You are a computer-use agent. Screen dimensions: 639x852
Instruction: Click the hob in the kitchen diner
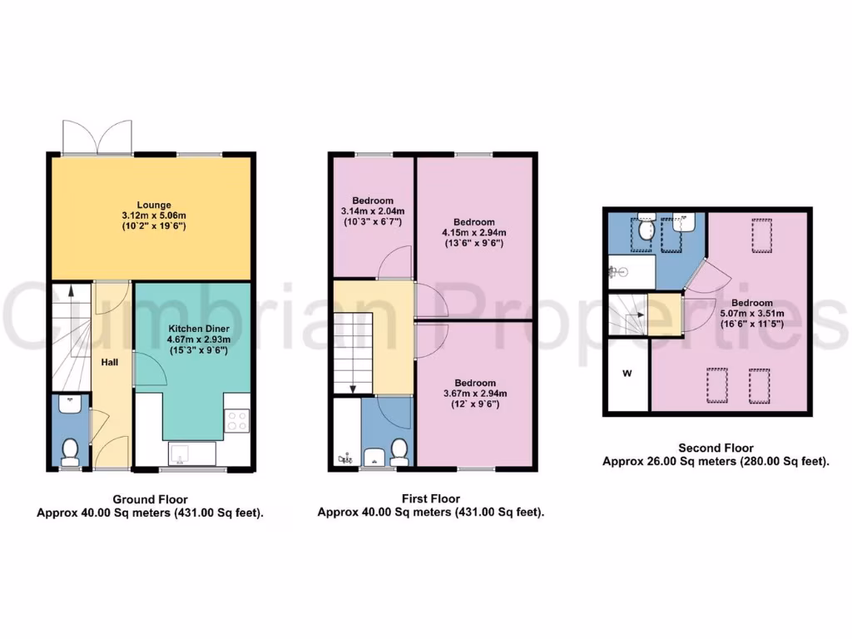click(236, 421)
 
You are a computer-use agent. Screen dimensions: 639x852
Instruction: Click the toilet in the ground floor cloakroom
click(70, 453)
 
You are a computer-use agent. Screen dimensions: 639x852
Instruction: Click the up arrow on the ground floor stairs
click(71, 291)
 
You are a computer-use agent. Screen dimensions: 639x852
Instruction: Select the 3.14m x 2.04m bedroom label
click(373, 211)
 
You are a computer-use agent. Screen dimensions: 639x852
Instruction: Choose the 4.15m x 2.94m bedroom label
click(474, 233)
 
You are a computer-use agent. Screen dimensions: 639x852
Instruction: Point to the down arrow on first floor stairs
click(353, 387)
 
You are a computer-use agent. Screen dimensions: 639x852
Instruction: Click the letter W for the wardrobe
click(626, 374)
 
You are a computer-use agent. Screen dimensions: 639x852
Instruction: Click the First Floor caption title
click(431, 499)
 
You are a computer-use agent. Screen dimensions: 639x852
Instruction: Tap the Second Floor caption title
click(716, 448)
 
